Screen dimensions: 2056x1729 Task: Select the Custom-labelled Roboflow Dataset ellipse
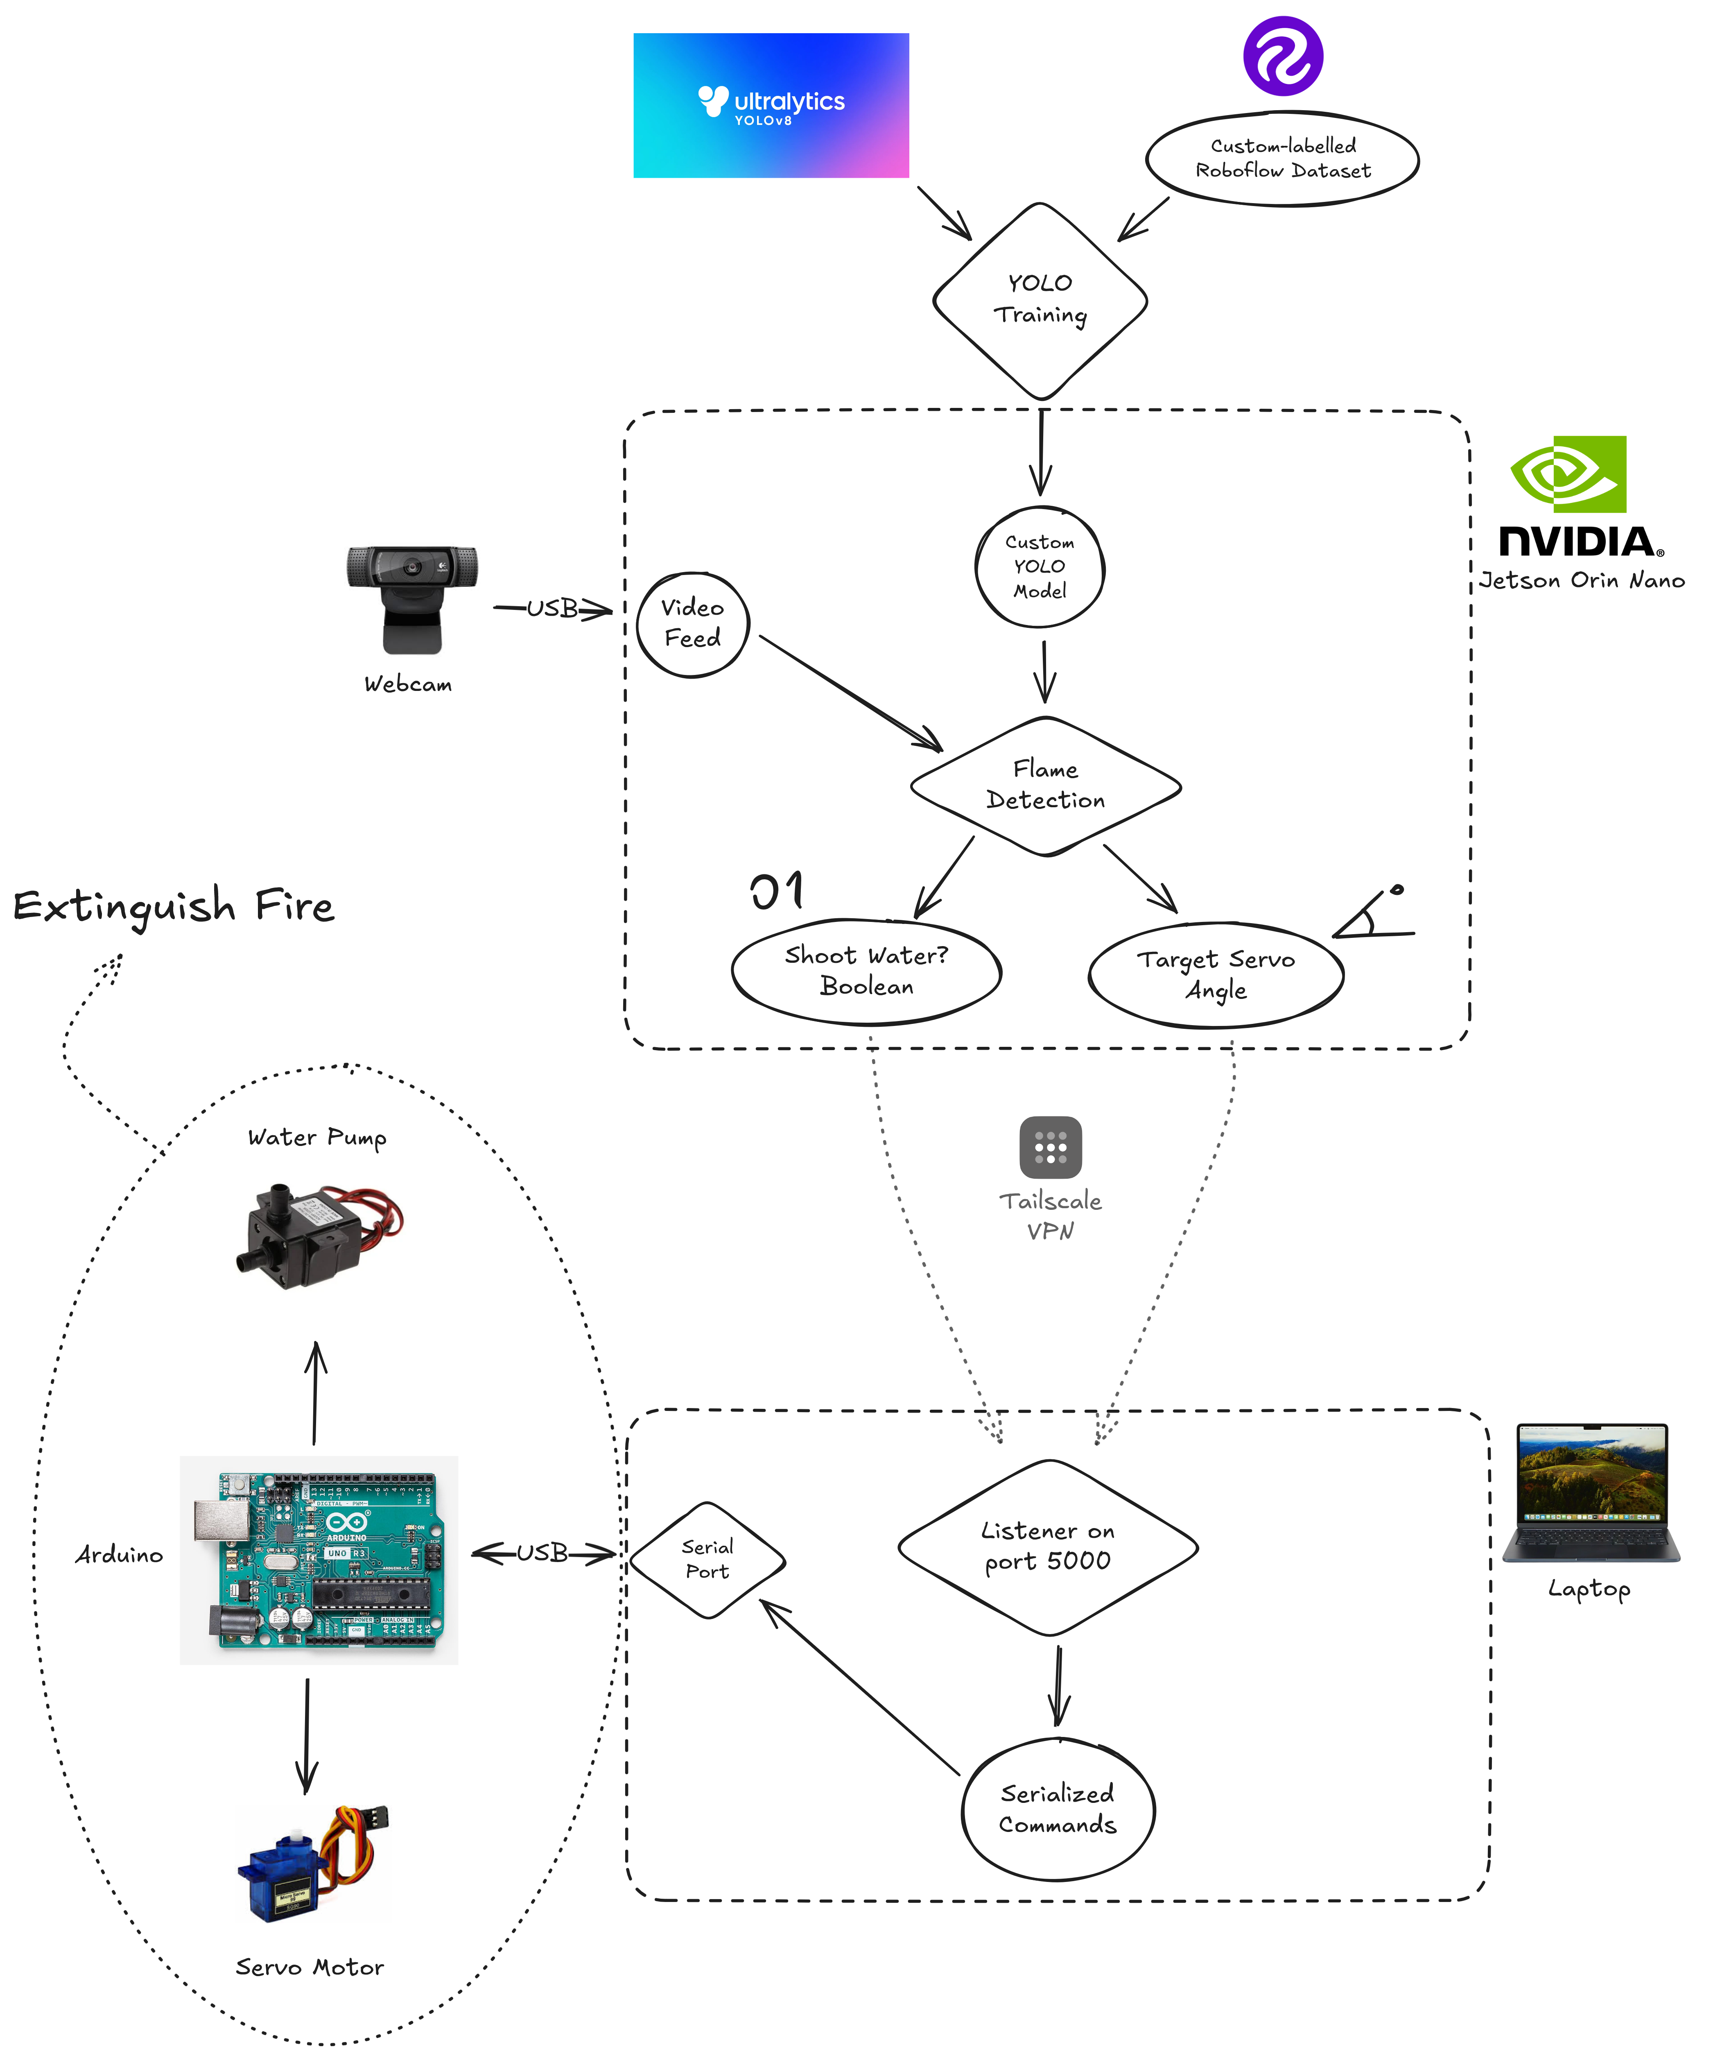point(1282,159)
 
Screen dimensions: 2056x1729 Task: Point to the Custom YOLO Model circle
point(1040,567)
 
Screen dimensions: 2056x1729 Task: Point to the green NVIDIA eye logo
point(1568,475)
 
